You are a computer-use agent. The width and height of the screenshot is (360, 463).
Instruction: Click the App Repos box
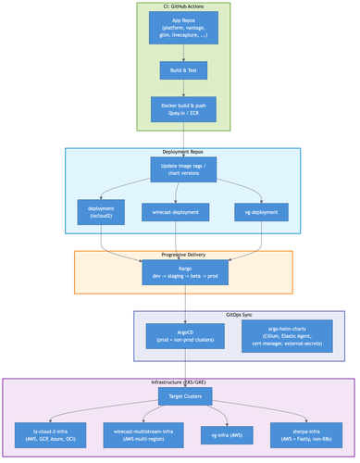[x=183, y=30]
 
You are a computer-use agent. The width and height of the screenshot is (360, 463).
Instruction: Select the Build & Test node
[x=183, y=70]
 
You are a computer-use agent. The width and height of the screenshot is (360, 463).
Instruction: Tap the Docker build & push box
[x=183, y=109]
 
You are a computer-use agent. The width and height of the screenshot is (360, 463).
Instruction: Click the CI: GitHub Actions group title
[x=183, y=6]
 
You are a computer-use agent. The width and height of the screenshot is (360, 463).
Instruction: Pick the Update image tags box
[x=183, y=169]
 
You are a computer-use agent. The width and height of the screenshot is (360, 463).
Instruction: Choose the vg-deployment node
[x=261, y=212]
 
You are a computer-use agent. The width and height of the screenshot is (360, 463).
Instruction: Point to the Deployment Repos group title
[x=183, y=150]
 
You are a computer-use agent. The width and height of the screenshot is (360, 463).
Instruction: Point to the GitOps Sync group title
[x=239, y=315]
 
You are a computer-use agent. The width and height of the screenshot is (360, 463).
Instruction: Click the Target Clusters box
[x=183, y=397]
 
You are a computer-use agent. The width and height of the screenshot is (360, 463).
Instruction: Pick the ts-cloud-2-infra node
[x=51, y=435]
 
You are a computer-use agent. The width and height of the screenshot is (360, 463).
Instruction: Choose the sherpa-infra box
[x=301, y=435]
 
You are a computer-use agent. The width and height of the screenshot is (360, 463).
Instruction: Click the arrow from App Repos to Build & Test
[x=183, y=53]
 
